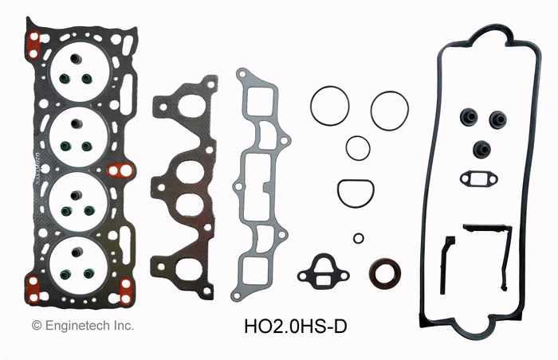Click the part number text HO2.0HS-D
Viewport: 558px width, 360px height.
(x=295, y=327)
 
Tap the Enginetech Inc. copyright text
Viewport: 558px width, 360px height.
(x=83, y=325)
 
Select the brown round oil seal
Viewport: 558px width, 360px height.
(x=385, y=273)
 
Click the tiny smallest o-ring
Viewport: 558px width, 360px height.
(x=359, y=238)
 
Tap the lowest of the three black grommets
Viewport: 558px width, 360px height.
(x=481, y=149)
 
